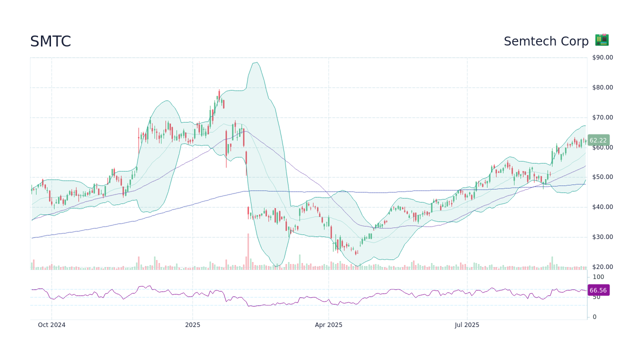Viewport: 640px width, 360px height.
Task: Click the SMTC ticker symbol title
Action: click(50, 41)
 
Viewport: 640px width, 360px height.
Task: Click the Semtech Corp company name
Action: click(546, 41)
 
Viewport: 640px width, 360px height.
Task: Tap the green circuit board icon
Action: click(601, 40)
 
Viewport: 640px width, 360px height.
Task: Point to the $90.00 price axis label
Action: click(602, 57)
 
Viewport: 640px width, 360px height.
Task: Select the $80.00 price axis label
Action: click(602, 87)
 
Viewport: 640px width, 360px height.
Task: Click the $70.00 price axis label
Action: click(602, 117)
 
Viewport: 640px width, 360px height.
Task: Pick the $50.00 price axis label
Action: click(602, 177)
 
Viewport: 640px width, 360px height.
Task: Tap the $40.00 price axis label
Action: click(602, 207)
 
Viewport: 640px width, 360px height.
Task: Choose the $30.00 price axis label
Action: click(602, 237)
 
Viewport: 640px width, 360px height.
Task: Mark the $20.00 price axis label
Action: click(602, 267)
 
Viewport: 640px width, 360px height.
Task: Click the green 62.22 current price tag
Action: click(598, 140)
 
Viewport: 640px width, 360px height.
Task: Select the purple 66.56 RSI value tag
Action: click(598, 290)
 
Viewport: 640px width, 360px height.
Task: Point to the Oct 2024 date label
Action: click(51, 325)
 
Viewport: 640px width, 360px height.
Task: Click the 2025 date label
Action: click(192, 325)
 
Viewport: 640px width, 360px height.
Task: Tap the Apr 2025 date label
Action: click(328, 325)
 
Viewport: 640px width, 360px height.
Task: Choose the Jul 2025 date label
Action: click(467, 325)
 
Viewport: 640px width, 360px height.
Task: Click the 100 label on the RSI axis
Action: click(598, 277)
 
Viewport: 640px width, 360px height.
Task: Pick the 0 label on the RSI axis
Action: click(594, 317)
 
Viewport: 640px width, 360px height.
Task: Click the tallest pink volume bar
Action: click(247, 252)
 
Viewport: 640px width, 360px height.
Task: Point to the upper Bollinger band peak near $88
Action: click(256, 62)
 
